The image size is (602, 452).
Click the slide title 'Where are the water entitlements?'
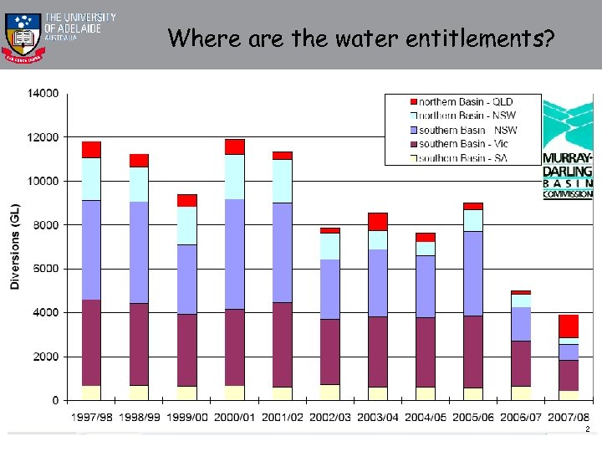(x=360, y=38)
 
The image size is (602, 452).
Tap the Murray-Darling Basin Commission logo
(x=568, y=149)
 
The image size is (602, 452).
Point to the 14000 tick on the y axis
(x=43, y=93)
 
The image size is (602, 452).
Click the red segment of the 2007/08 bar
(x=569, y=326)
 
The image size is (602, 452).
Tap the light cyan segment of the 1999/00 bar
(x=186, y=225)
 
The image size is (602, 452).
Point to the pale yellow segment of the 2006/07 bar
(x=521, y=393)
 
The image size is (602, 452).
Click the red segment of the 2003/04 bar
(x=377, y=221)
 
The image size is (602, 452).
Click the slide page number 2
(x=588, y=429)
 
